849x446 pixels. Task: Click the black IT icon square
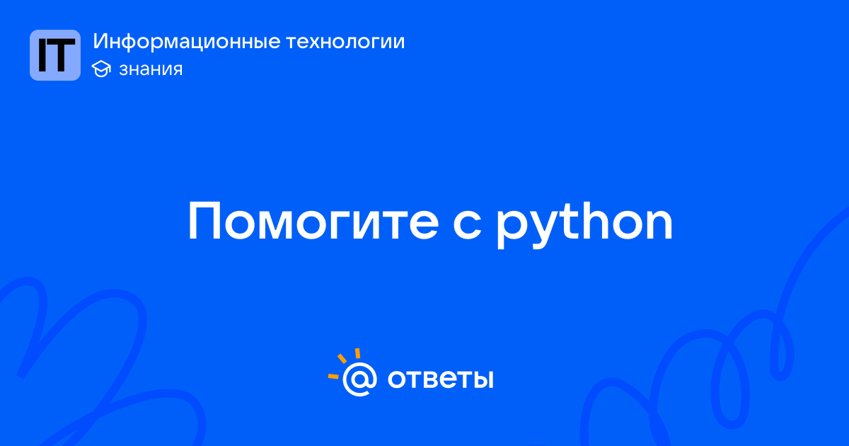pyautogui.click(x=55, y=55)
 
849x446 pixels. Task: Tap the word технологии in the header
pyautogui.click(x=345, y=41)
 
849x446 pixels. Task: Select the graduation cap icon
pyautogui.click(x=101, y=69)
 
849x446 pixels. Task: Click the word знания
pyautogui.click(x=151, y=69)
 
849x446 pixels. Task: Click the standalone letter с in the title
pyautogui.click(x=467, y=226)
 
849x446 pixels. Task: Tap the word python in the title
pyautogui.click(x=585, y=224)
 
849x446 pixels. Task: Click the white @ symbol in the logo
pyautogui.click(x=359, y=379)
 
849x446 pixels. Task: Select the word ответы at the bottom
pyautogui.click(x=440, y=379)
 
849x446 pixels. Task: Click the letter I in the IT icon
pyautogui.click(x=42, y=55)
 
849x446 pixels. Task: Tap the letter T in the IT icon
pyautogui.click(x=62, y=55)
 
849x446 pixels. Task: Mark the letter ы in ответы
pyautogui.click(x=480, y=379)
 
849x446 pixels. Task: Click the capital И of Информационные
pyautogui.click(x=100, y=41)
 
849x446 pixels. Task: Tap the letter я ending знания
pyautogui.click(x=176, y=70)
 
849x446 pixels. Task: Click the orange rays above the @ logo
pyautogui.click(x=344, y=363)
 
